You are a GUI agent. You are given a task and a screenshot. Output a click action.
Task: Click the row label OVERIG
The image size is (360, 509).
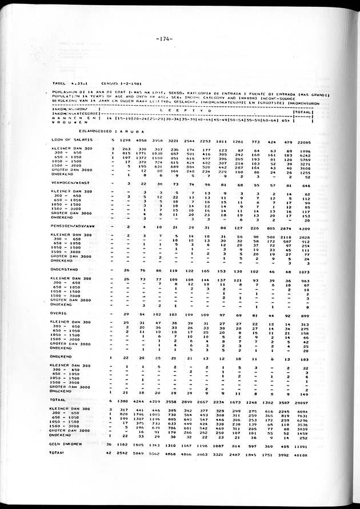tap(59, 314)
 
